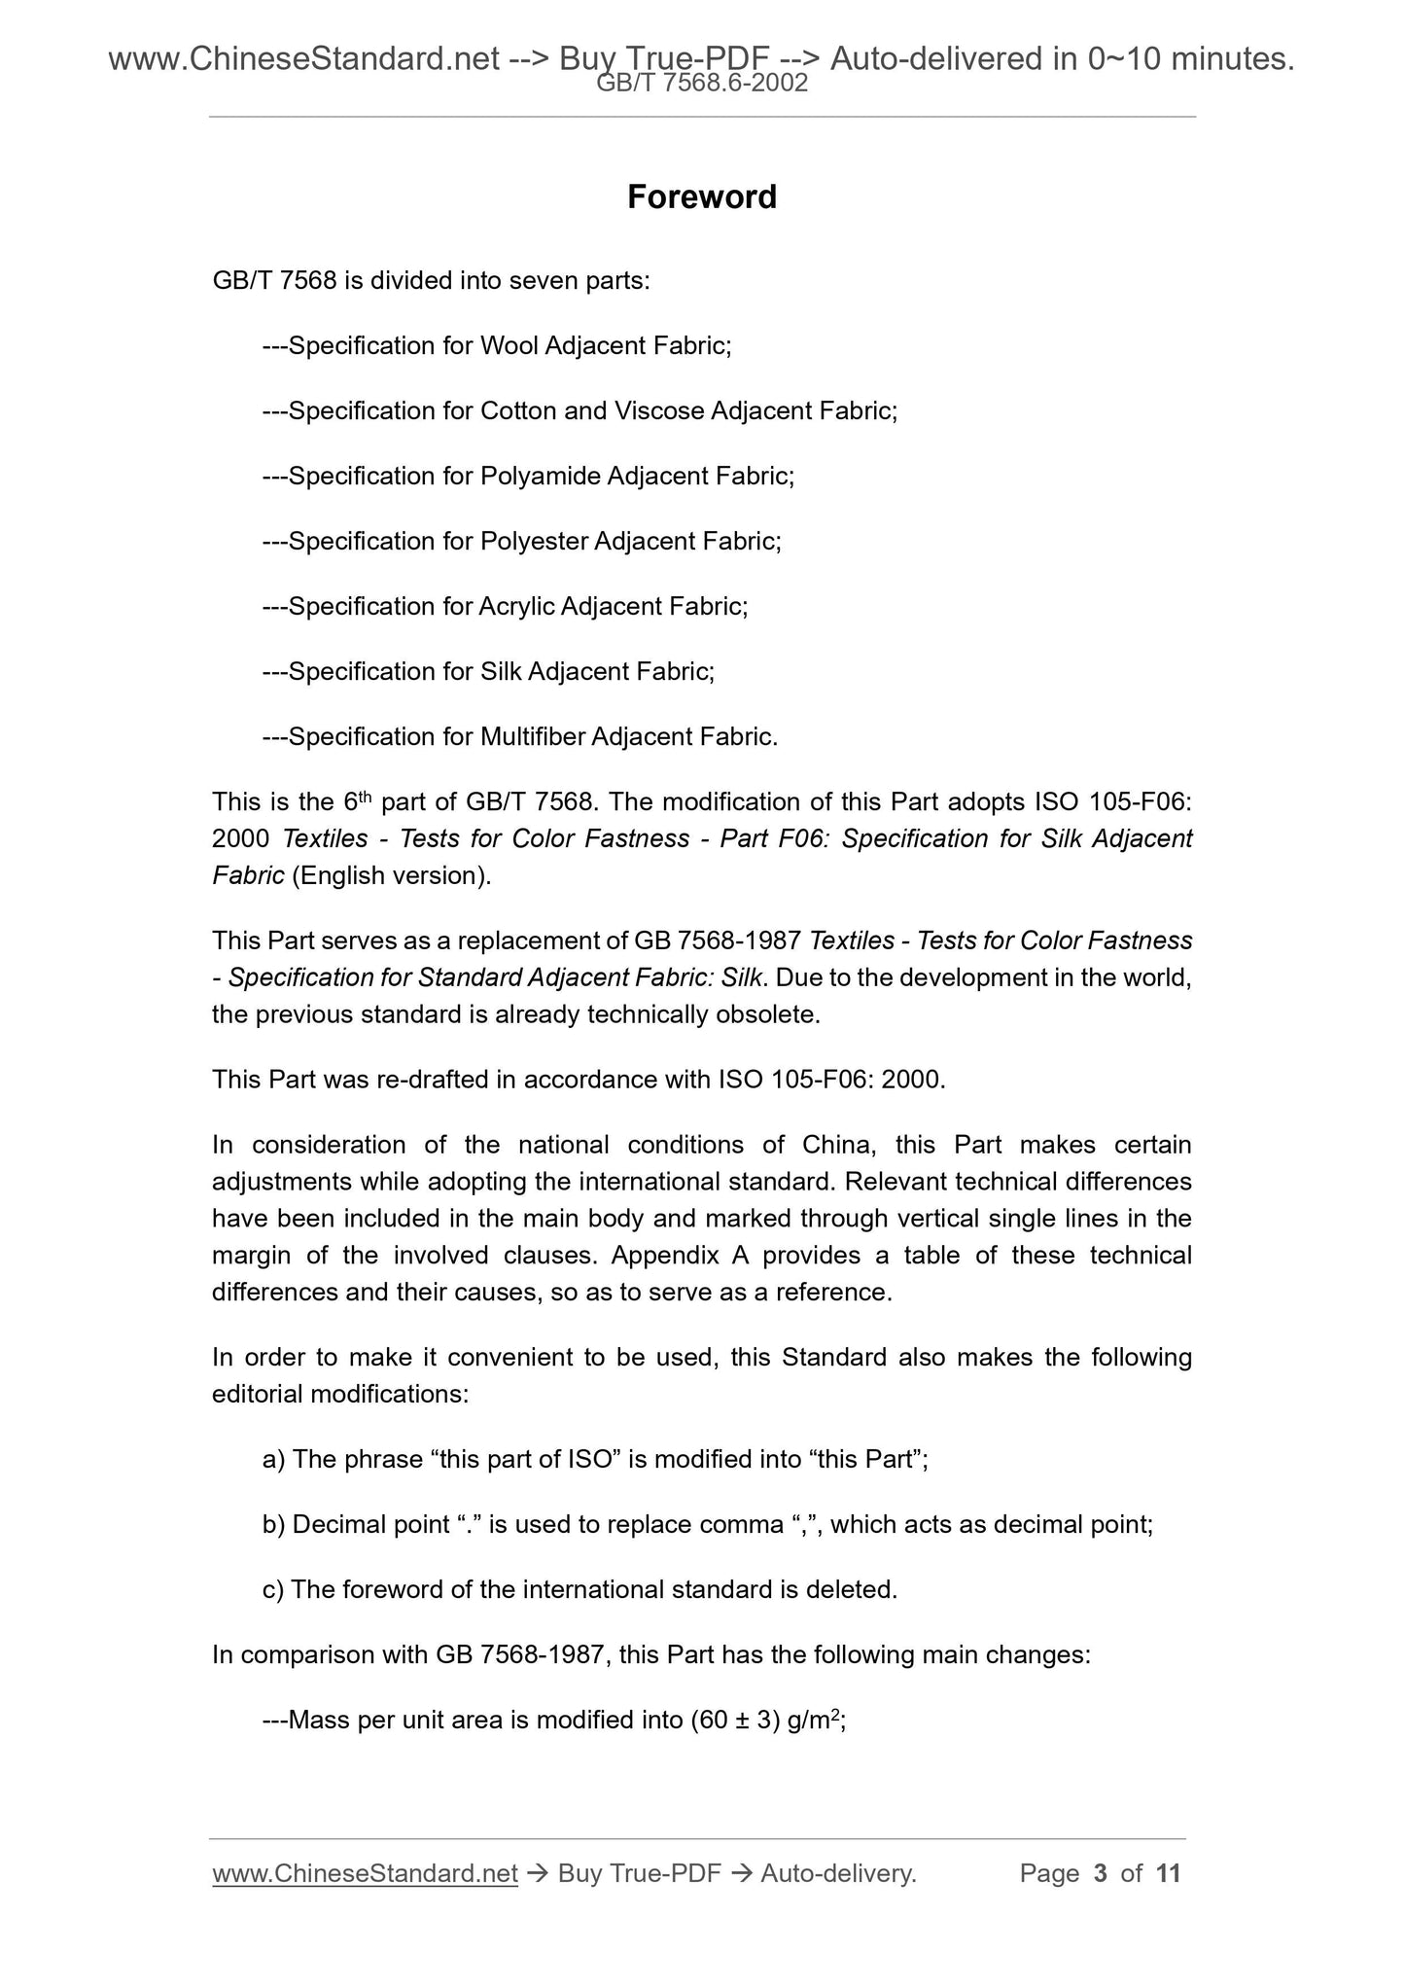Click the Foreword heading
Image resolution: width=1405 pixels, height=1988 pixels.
(x=701, y=197)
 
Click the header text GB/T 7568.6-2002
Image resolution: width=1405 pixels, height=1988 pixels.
(x=701, y=84)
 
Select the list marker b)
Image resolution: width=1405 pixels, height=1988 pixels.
(x=273, y=1525)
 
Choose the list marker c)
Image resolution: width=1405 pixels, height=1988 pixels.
(x=272, y=1590)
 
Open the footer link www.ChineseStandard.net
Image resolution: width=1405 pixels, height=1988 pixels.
(x=365, y=1874)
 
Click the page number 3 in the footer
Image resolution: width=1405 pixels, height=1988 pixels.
(x=1101, y=1874)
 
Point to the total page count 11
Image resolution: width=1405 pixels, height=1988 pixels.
(x=1169, y=1874)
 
